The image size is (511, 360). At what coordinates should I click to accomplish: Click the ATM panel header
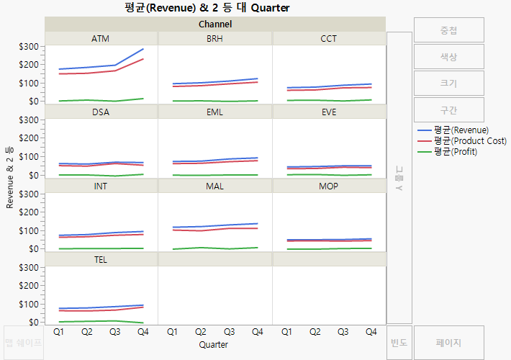coord(101,38)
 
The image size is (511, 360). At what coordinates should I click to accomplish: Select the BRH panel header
coord(214,38)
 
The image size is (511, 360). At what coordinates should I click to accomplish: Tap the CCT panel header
coord(328,38)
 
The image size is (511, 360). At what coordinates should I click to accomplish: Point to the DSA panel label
coord(101,112)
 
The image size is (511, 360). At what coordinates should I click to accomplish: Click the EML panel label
coord(214,112)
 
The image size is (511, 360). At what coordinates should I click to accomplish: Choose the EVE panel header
coord(328,112)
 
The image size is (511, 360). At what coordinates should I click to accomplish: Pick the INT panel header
coord(101,186)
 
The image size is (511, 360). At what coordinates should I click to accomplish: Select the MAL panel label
coord(214,186)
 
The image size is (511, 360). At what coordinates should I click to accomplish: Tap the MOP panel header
coord(328,186)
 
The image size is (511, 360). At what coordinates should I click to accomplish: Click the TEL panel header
coord(101,260)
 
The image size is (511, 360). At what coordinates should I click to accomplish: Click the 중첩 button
coord(448,30)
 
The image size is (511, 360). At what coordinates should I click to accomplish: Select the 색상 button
coord(448,57)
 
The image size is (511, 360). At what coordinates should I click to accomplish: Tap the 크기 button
coord(448,84)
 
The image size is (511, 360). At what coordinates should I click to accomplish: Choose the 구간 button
coord(448,110)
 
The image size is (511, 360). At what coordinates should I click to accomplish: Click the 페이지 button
coord(448,343)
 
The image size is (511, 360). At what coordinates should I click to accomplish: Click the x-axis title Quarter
coord(214,345)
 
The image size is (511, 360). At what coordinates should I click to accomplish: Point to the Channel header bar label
coord(215,24)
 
